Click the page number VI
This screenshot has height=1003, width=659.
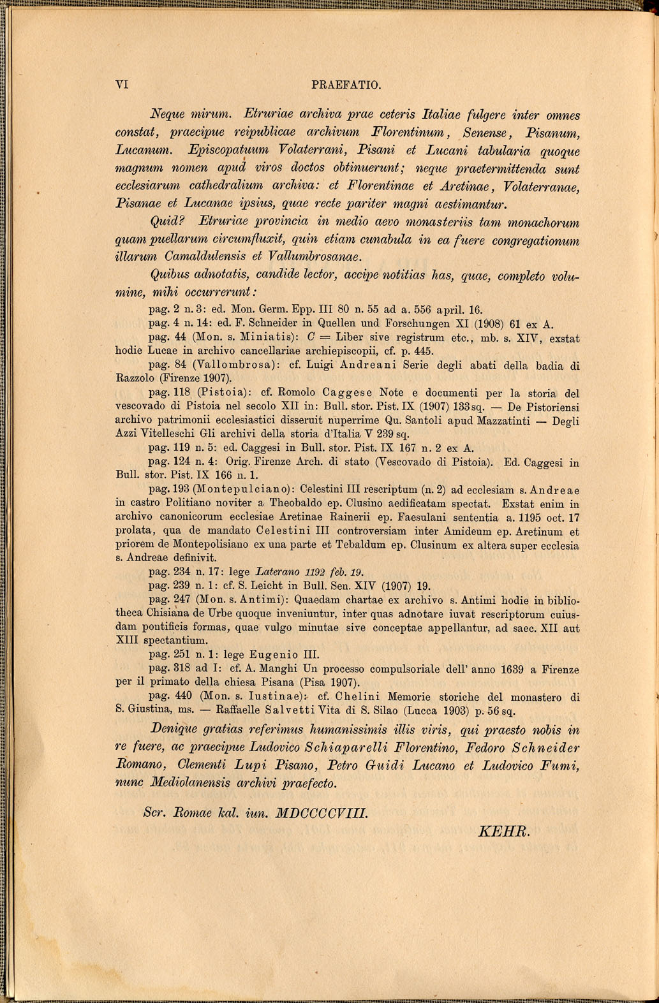pos(122,85)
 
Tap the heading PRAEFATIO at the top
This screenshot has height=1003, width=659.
pos(346,85)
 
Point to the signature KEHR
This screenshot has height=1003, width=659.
pos(503,831)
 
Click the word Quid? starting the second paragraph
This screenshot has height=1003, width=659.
pos(167,222)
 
